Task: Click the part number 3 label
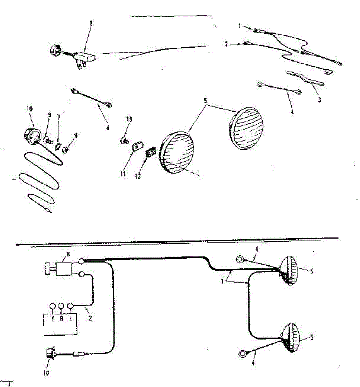319,100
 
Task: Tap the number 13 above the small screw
129,120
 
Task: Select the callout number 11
123,174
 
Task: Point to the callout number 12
138,176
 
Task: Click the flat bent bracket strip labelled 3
305,78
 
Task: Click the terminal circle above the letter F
52,306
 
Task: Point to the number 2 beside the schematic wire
90,318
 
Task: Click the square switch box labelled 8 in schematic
65,268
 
